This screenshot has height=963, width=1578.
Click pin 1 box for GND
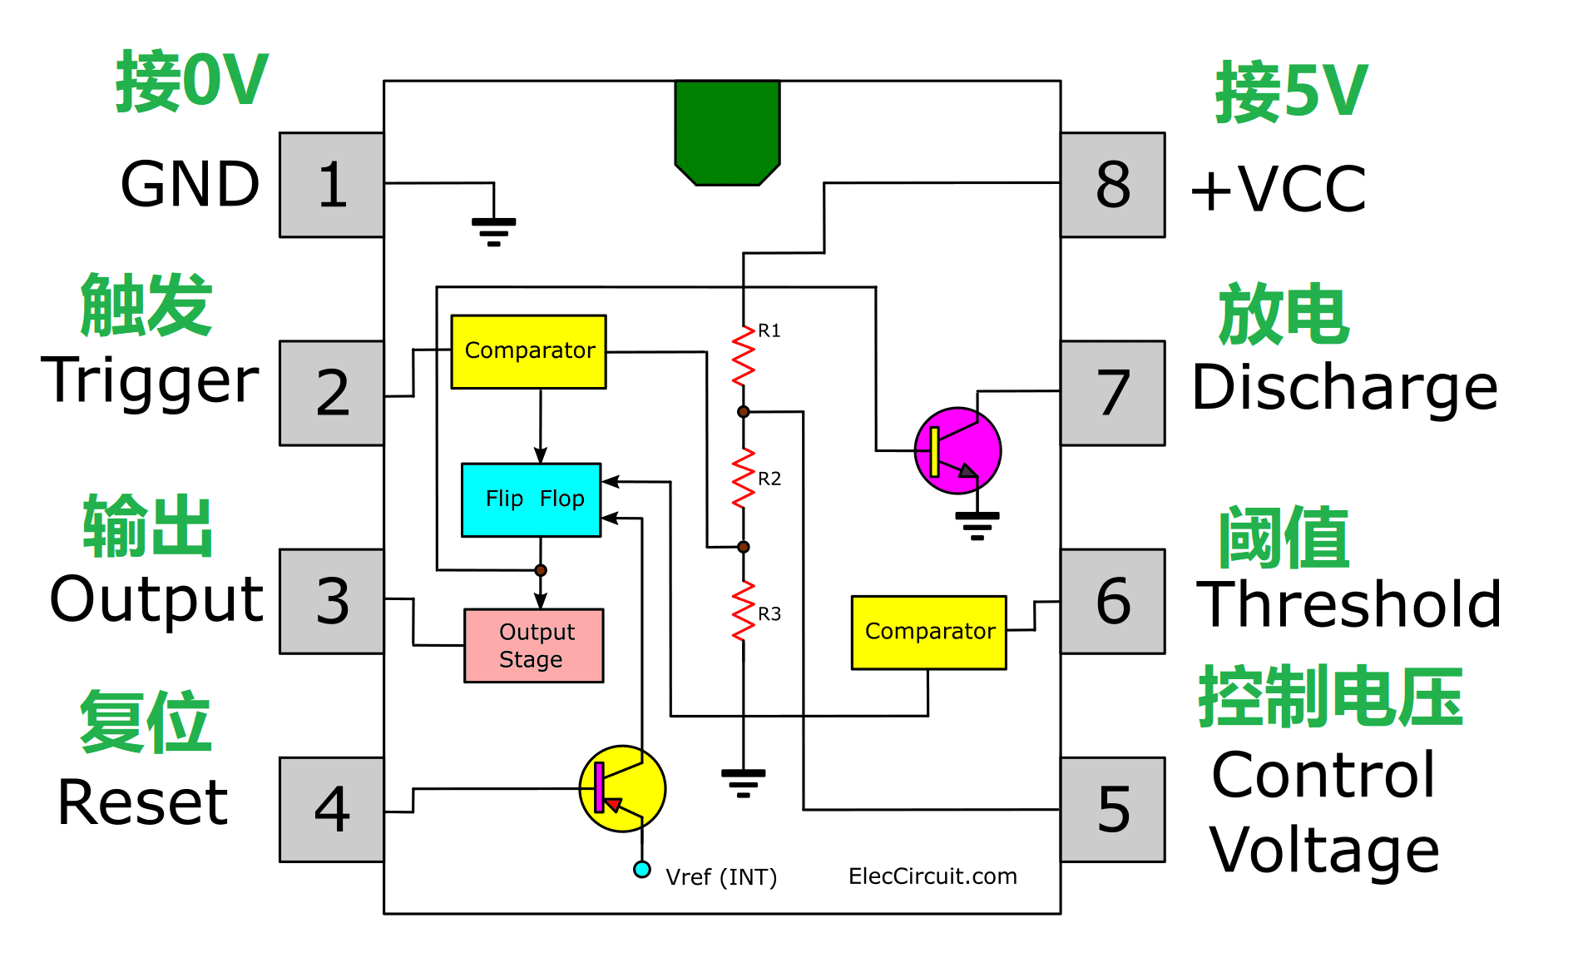click(x=331, y=185)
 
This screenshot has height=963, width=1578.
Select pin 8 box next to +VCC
click(x=1112, y=185)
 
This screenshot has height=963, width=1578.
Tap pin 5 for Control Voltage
click(x=1112, y=809)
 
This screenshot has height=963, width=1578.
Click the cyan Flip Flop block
click(x=531, y=499)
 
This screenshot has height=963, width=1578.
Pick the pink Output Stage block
click(x=533, y=646)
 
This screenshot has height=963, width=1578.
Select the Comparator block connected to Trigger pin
click(x=528, y=351)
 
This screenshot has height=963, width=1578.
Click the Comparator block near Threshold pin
click(x=928, y=632)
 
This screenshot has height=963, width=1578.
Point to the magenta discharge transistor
click(x=957, y=451)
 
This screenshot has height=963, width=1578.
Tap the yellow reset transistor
click(x=622, y=788)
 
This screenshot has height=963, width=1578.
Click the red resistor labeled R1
click(x=743, y=356)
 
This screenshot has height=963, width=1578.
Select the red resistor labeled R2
click(x=743, y=479)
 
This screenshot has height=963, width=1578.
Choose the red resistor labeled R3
click(x=743, y=612)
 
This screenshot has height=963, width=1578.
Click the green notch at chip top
click(x=727, y=132)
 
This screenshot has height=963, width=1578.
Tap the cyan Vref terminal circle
click(x=641, y=869)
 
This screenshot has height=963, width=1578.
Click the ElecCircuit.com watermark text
click(x=932, y=876)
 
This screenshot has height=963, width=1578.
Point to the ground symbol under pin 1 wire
click(x=493, y=231)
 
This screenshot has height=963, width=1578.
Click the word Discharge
click(x=1344, y=388)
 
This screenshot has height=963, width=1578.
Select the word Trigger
click(x=151, y=381)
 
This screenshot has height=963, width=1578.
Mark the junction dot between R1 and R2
click(x=743, y=412)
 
